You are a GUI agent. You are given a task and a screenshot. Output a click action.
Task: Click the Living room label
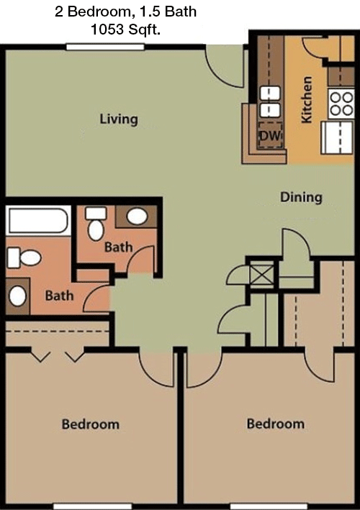click(119, 119)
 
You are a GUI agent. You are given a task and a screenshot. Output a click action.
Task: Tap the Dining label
click(302, 197)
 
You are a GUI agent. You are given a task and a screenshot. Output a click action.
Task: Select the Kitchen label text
click(307, 100)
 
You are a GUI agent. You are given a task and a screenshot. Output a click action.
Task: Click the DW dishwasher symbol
click(270, 135)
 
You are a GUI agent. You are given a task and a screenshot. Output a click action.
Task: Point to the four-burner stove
click(341, 104)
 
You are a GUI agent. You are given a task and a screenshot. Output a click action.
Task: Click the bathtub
click(38, 221)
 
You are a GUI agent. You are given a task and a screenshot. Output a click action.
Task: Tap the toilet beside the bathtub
click(24, 258)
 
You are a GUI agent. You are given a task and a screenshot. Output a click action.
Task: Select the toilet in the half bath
click(96, 224)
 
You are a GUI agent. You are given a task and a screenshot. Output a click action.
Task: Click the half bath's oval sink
click(137, 217)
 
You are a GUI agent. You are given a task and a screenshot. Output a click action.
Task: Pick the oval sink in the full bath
click(17, 296)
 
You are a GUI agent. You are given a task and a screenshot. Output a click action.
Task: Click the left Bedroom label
click(91, 424)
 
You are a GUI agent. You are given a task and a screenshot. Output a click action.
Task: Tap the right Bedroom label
click(276, 424)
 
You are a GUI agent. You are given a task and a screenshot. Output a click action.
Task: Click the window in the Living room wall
click(105, 47)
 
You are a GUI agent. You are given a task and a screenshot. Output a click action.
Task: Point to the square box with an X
click(261, 273)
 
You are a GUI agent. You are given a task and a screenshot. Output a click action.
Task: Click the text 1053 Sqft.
click(126, 30)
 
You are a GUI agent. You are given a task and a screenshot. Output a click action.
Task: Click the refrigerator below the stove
click(337, 137)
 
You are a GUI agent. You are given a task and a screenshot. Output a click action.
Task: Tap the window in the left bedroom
click(93, 506)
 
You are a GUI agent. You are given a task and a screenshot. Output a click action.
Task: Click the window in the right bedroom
click(269, 506)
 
